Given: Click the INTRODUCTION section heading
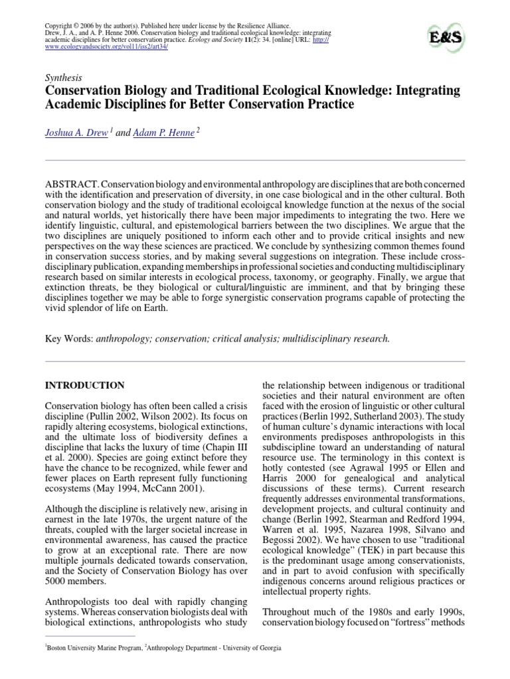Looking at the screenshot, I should coord(84,385).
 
